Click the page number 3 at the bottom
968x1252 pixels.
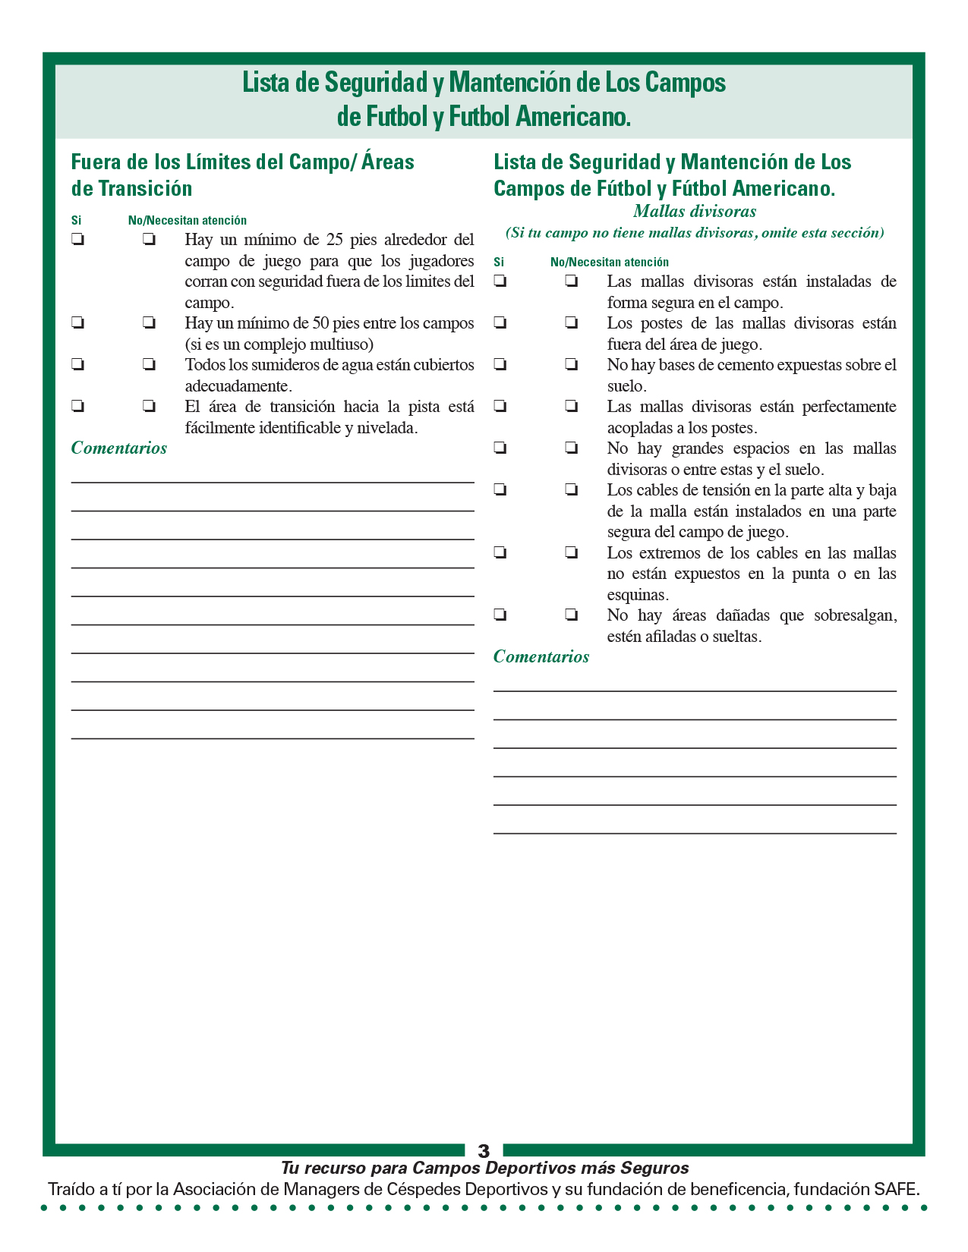coord(484,1151)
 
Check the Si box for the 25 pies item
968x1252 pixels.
coord(77,240)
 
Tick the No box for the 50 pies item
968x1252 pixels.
coord(149,323)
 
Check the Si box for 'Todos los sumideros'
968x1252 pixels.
coord(77,365)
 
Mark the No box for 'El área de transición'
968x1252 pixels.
coord(149,407)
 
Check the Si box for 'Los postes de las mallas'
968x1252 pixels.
coord(500,323)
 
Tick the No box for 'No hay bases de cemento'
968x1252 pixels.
coord(571,365)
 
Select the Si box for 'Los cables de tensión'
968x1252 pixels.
coord(500,490)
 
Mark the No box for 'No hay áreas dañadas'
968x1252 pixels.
coord(571,615)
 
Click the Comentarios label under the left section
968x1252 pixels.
coord(119,448)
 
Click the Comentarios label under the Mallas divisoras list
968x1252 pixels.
coord(541,656)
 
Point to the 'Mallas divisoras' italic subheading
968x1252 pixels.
coord(695,212)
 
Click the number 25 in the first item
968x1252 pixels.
coord(335,240)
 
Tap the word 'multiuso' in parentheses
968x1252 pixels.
coord(341,344)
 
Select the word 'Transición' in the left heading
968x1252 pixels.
coord(144,188)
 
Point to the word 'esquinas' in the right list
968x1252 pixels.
coord(636,595)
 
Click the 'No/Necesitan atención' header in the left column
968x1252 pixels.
coord(188,221)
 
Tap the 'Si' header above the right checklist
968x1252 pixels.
coord(499,263)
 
